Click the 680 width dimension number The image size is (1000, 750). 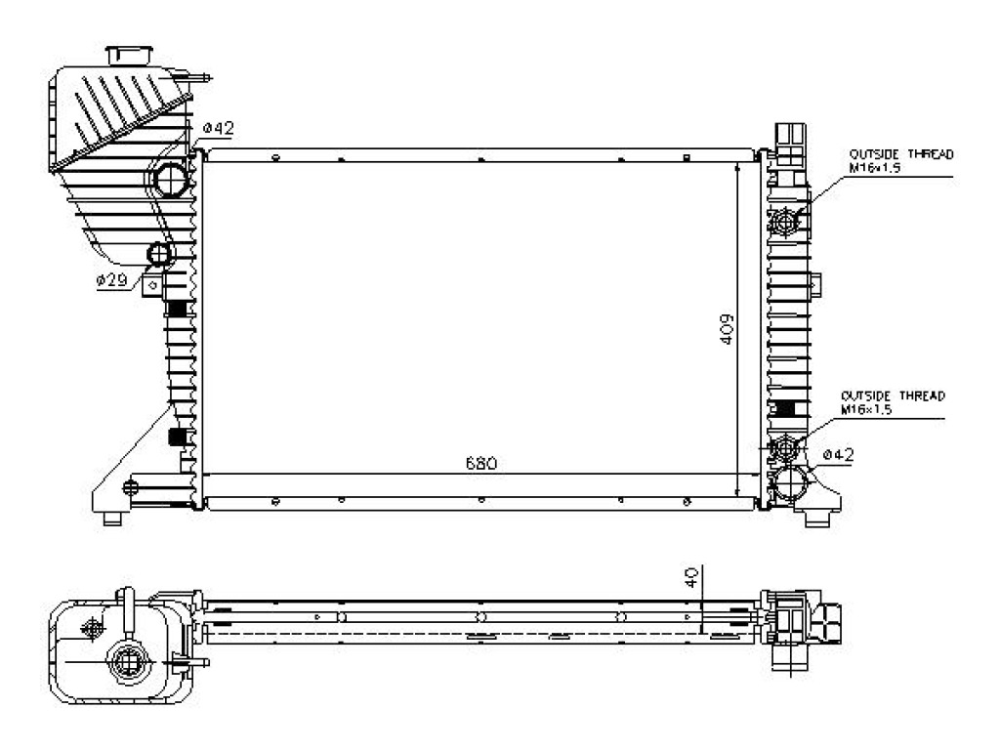(x=480, y=463)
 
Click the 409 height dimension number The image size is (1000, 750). (x=727, y=330)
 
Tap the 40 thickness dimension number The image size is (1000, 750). (x=690, y=578)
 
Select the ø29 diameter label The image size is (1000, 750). (x=112, y=279)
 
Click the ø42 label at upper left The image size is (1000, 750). (x=219, y=128)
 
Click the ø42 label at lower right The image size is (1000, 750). (x=837, y=455)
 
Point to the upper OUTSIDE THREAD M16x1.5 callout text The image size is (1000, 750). (x=901, y=161)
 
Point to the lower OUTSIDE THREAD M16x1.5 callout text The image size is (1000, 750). (x=893, y=402)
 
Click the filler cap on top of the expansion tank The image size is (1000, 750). (x=130, y=55)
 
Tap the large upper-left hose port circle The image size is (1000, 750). (x=171, y=180)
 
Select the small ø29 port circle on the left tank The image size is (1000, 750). (x=159, y=254)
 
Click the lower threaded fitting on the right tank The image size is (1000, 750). (x=783, y=447)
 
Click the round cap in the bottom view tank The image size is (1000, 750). (x=126, y=661)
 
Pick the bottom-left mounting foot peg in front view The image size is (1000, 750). (x=113, y=519)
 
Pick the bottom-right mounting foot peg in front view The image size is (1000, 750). (x=817, y=520)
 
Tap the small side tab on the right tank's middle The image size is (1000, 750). (x=815, y=284)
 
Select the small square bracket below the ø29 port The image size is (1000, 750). (x=151, y=285)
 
